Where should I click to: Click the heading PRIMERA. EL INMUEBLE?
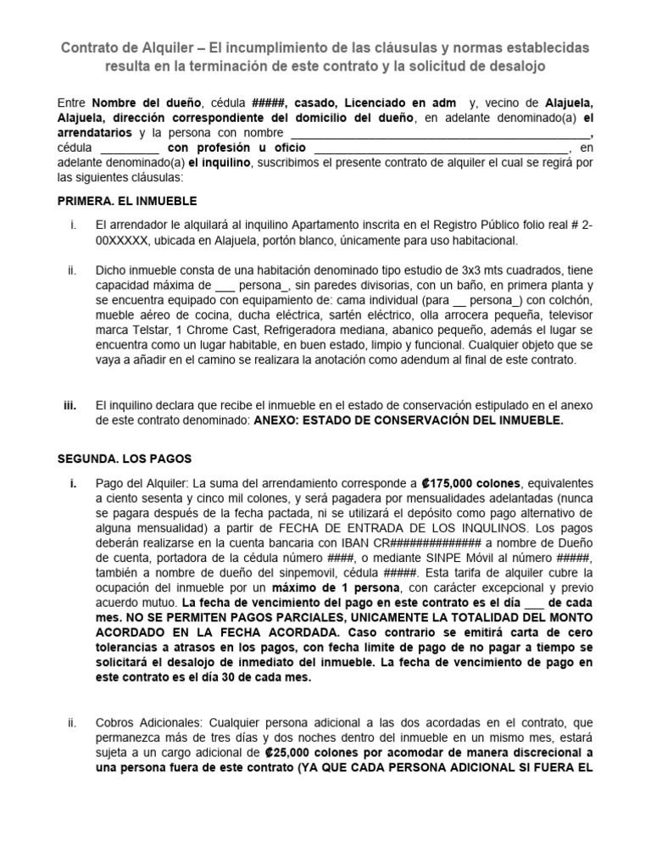126,201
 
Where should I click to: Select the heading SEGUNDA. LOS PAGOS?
125,459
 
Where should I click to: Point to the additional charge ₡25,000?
298,752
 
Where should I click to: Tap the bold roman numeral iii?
70,405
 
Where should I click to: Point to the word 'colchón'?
576,300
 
